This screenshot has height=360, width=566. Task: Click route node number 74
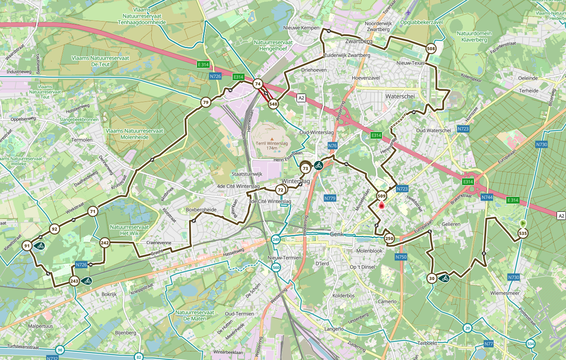[257, 84]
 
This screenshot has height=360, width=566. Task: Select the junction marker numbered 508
[431, 49]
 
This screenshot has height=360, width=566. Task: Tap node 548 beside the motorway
[273, 104]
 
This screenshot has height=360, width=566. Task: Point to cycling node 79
[205, 102]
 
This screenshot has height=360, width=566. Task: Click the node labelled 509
[381, 196]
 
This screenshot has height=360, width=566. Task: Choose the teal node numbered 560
[276, 268]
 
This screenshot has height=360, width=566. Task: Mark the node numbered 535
[523, 233]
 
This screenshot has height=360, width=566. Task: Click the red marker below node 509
[381, 206]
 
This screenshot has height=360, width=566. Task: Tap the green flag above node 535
[523, 223]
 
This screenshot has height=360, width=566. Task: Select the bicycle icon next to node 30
[444, 278]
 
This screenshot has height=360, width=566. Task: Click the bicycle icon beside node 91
[40, 246]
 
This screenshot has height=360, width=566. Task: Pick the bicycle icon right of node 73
[318, 165]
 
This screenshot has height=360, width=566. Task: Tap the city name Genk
[338, 234]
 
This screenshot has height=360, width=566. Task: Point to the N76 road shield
[332, 146]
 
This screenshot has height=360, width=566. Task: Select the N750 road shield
[401, 257]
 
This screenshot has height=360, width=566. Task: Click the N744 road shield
[487, 197]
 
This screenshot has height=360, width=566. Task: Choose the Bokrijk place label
[109, 295]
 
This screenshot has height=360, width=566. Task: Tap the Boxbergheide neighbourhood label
[201, 210]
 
